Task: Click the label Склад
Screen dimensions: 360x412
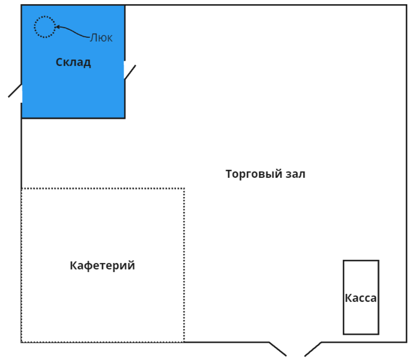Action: [73, 62]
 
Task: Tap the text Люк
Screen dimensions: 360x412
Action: [101, 38]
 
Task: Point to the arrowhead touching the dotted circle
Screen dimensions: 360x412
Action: [58, 27]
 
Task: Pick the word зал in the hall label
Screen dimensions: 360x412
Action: [294, 174]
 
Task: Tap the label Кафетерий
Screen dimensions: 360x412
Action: [102, 265]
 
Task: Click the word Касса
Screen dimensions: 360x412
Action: [361, 298]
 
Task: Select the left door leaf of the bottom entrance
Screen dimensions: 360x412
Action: [278, 349]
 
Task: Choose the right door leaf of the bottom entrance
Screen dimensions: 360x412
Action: [313, 349]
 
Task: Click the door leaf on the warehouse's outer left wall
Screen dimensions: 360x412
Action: [15, 91]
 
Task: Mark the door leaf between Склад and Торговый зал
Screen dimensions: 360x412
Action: [130, 72]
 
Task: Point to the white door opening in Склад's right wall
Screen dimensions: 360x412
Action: [125, 70]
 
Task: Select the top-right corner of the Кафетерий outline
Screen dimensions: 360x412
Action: [184, 189]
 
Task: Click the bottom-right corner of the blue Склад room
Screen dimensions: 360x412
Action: [125, 118]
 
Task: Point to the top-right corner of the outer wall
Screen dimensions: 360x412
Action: [406, 6]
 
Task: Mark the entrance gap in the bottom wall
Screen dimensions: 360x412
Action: [295, 342]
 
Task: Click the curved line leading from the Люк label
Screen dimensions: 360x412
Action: [75, 31]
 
